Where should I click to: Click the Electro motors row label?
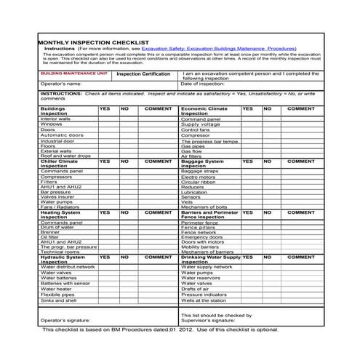[198, 176]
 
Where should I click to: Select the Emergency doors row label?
[201, 237]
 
